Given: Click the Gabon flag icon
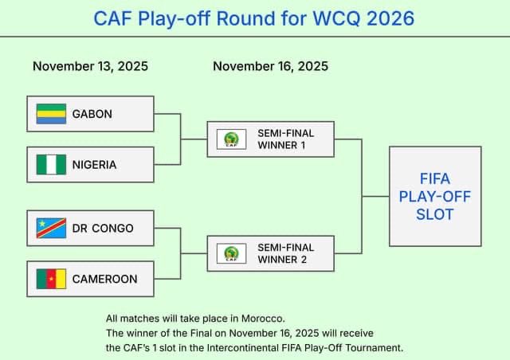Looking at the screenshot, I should (x=51, y=114).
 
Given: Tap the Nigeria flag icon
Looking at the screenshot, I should (x=51, y=165).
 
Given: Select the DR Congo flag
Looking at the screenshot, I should (x=51, y=229).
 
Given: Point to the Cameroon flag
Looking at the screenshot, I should (x=51, y=279).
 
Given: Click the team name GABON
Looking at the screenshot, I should (x=92, y=114).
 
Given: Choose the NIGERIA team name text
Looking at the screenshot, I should (x=95, y=165).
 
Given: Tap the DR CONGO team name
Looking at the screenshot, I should (x=103, y=229).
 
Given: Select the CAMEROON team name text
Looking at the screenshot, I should (x=105, y=279).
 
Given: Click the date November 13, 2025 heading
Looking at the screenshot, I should (x=90, y=66).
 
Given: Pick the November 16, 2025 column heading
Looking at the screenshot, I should (x=270, y=66).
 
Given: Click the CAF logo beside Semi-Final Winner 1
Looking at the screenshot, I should (x=231, y=139).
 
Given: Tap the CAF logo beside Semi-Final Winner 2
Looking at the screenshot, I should (x=231, y=254).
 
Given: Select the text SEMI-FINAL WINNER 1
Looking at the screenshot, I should (x=285, y=139).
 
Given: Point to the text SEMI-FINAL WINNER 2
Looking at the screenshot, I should (x=285, y=253).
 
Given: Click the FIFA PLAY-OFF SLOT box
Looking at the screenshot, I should (x=435, y=196).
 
